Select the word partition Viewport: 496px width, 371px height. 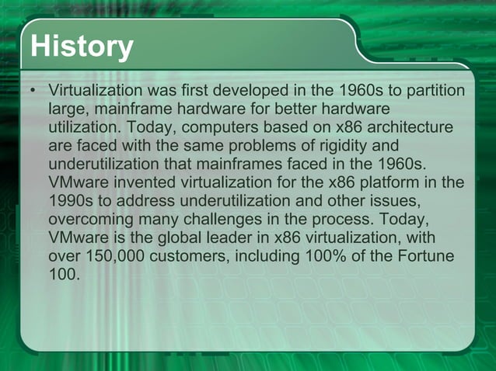point(437,92)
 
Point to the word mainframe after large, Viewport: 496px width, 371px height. point(126,110)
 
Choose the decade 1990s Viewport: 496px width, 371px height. point(70,200)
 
